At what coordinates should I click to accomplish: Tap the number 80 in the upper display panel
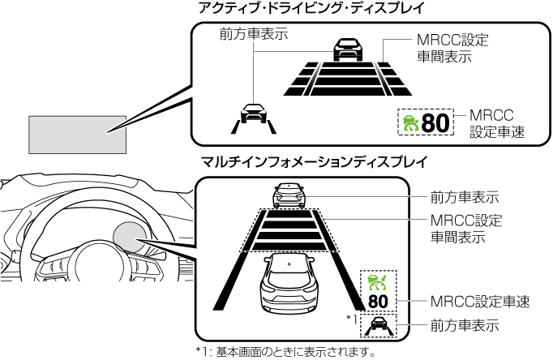click(435, 122)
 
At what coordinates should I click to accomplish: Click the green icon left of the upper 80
click(410, 123)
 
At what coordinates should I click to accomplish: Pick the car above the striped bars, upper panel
click(348, 48)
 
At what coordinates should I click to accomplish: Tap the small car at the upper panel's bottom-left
click(253, 114)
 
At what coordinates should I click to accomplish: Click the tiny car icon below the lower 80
click(378, 326)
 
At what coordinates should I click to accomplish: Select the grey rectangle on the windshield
click(78, 134)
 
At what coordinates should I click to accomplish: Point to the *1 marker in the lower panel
click(351, 317)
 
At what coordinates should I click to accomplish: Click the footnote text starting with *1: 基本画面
click(286, 353)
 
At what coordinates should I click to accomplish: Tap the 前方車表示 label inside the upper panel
click(254, 34)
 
